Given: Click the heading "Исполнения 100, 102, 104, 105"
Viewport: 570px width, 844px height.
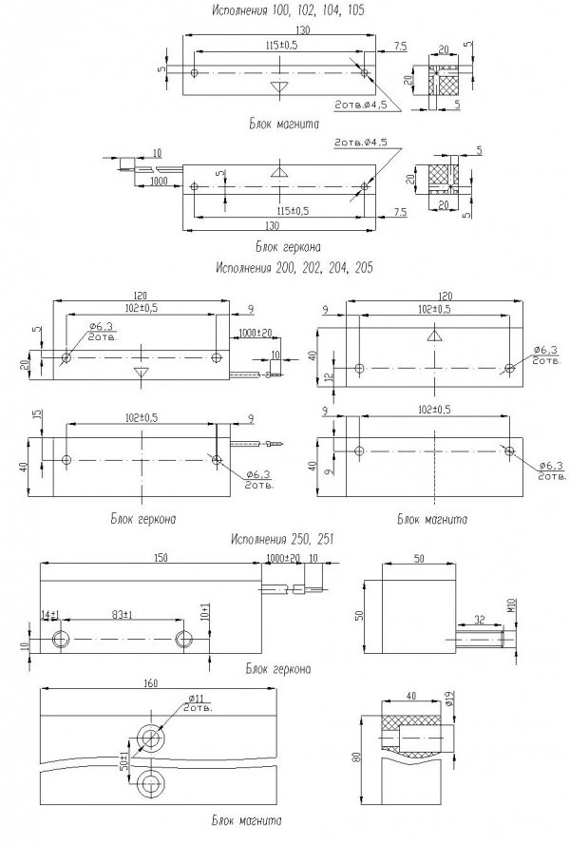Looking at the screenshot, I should tap(285, 10).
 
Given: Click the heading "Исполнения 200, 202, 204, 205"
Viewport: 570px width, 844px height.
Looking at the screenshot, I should tap(294, 268).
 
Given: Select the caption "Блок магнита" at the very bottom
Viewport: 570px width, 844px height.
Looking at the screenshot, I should tap(244, 819).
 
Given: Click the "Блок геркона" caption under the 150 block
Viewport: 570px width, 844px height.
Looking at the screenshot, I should tap(277, 669).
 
